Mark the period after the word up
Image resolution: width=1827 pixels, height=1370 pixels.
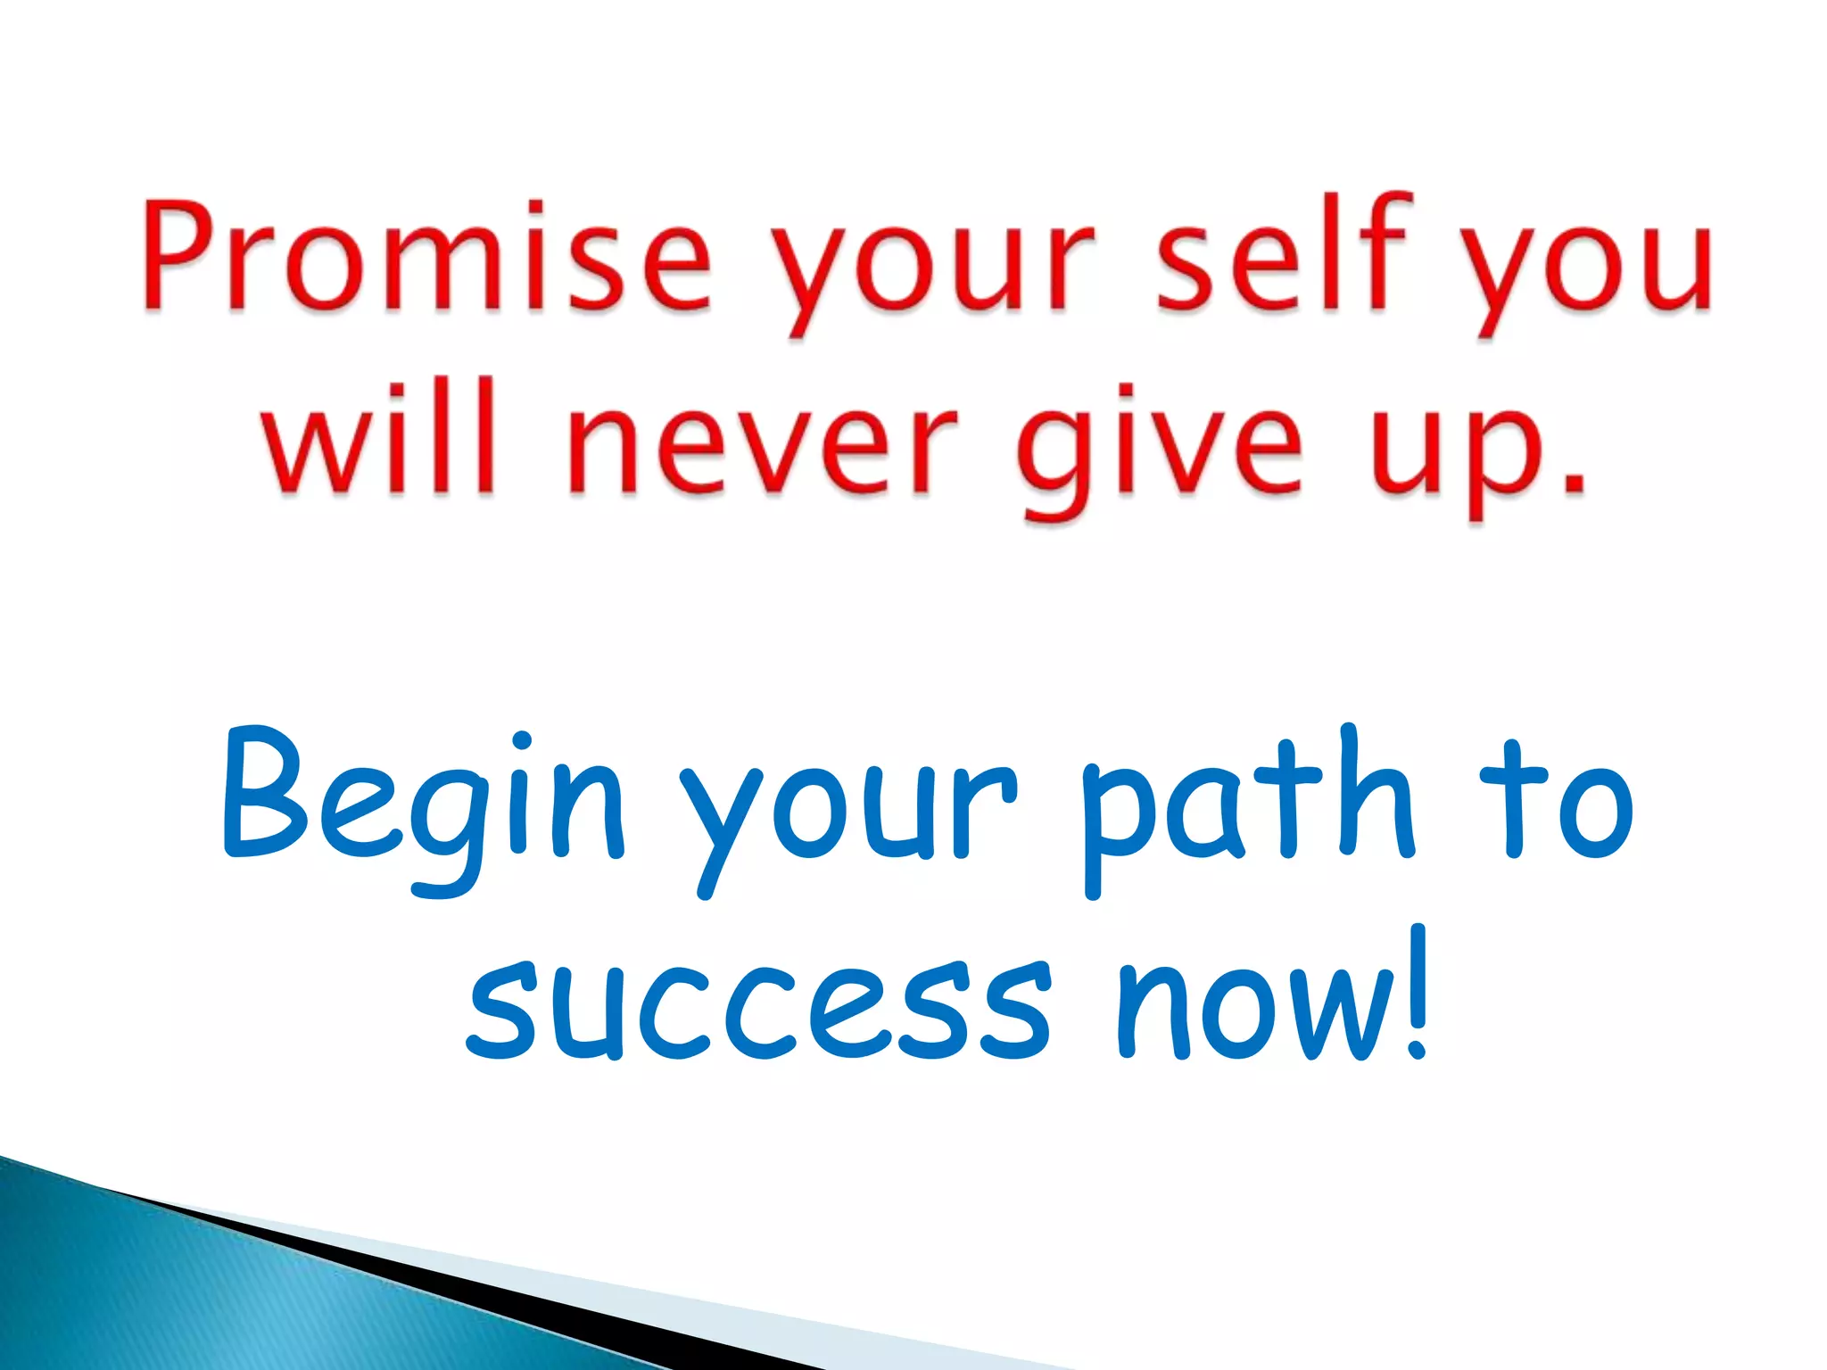click(x=1573, y=483)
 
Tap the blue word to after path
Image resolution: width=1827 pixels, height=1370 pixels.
click(x=1557, y=803)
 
